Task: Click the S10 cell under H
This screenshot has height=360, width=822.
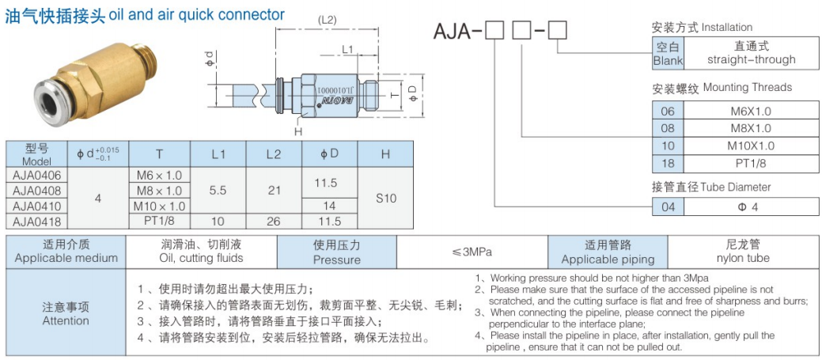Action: click(385, 199)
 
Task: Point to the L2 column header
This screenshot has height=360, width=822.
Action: click(274, 154)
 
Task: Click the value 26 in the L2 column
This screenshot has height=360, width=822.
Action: click(274, 222)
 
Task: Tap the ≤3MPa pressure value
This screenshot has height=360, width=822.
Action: click(472, 252)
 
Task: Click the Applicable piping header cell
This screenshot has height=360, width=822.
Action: click(608, 252)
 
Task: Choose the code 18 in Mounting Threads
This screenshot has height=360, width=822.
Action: click(668, 164)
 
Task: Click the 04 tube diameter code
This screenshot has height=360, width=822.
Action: click(668, 207)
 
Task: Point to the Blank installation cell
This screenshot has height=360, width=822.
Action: click(668, 54)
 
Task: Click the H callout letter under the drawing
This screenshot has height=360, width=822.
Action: click(298, 131)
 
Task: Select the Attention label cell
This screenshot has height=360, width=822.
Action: click(66, 313)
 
